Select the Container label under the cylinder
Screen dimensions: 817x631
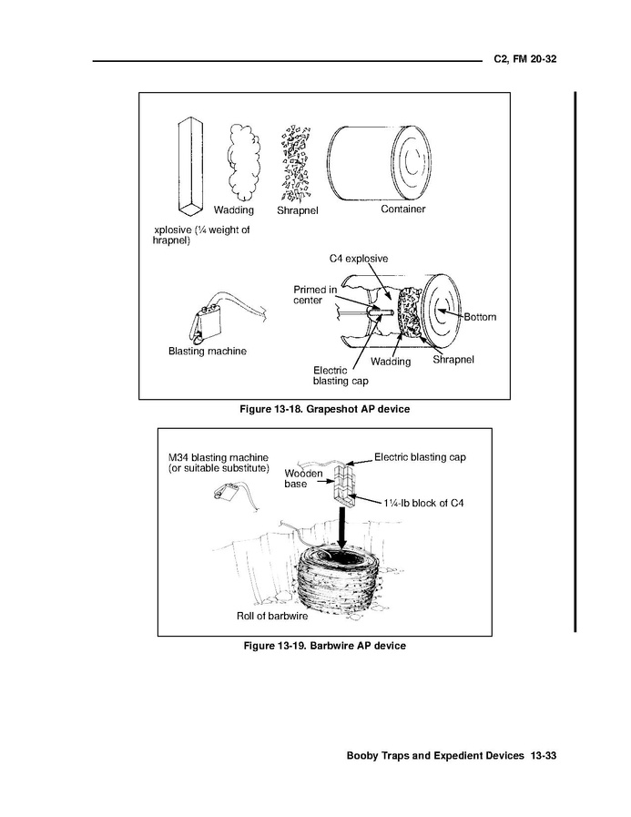tap(402, 209)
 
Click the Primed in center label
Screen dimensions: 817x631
tap(315, 295)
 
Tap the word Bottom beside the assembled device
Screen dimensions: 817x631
tap(480, 317)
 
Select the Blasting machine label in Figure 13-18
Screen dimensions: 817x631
tap(207, 352)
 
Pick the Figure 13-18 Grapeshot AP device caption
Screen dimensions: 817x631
tap(324, 409)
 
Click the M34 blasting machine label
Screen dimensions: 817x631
tap(219, 463)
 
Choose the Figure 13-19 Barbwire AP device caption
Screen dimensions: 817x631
tap(324, 646)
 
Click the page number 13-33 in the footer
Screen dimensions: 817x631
tap(544, 756)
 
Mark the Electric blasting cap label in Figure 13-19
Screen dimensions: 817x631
tap(420, 457)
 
